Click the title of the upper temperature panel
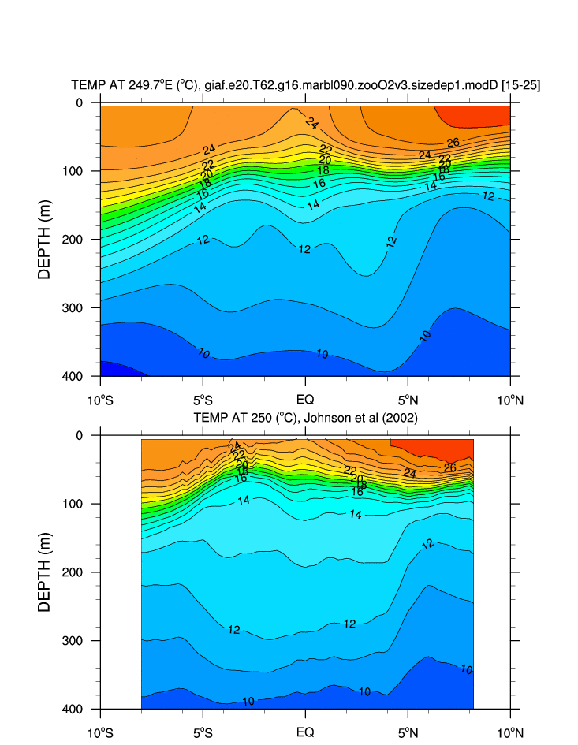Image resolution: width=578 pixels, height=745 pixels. pyautogui.click(x=305, y=85)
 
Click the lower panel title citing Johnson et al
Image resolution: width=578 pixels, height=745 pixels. pyautogui.click(x=305, y=417)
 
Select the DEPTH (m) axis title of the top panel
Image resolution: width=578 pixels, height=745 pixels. pyautogui.click(x=44, y=239)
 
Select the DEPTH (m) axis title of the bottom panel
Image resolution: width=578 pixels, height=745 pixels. pyautogui.click(x=44, y=572)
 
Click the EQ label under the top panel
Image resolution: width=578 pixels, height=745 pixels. pyautogui.click(x=305, y=400)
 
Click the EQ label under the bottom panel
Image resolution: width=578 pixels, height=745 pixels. pyautogui.click(x=305, y=732)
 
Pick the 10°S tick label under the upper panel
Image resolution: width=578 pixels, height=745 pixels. pyautogui.click(x=100, y=400)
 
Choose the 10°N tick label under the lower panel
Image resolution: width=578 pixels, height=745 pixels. pyautogui.click(x=510, y=732)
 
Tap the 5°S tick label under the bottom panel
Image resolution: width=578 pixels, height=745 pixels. pyautogui.click(x=203, y=732)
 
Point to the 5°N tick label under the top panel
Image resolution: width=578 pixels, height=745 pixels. pyautogui.click(x=408, y=400)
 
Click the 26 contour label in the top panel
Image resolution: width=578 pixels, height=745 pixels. pyautogui.click(x=453, y=143)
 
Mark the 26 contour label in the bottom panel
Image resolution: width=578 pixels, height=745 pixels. pyautogui.click(x=450, y=467)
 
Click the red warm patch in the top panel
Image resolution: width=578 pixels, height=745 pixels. pyautogui.click(x=477, y=115)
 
